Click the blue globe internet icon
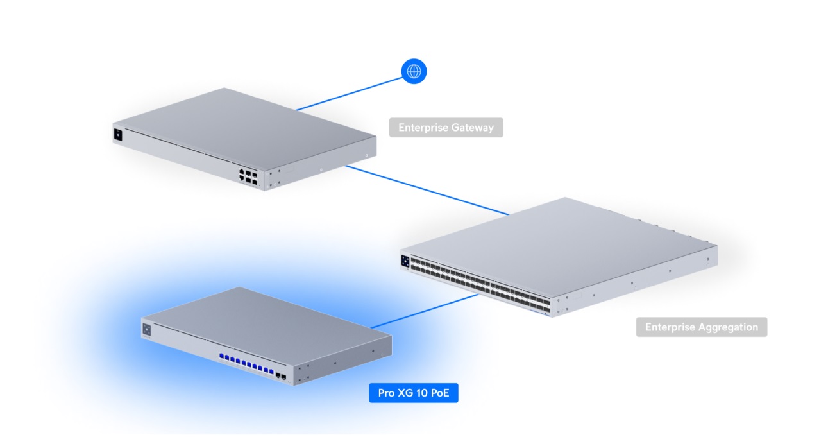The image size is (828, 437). point(414,71)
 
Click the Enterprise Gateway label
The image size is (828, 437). point(446,128)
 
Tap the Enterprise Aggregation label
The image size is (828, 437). point(701,327)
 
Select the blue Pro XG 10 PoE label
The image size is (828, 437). point(413,393)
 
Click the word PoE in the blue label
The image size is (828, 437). point(440,393)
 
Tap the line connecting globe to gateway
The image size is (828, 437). point(350,94)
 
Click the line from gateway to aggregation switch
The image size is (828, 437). point(427,190)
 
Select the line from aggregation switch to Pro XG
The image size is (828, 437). point(425,311)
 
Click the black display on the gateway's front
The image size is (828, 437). point(118,135)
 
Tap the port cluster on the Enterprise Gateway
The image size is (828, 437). point(248,177)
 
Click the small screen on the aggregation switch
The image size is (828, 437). point(405,261)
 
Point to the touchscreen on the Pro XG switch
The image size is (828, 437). point(146,330)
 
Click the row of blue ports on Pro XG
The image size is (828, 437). point(246,363)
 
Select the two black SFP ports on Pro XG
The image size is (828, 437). point(281,377)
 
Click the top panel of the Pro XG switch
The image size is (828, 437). point(266,326)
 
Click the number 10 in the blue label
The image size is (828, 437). point(421,393)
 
